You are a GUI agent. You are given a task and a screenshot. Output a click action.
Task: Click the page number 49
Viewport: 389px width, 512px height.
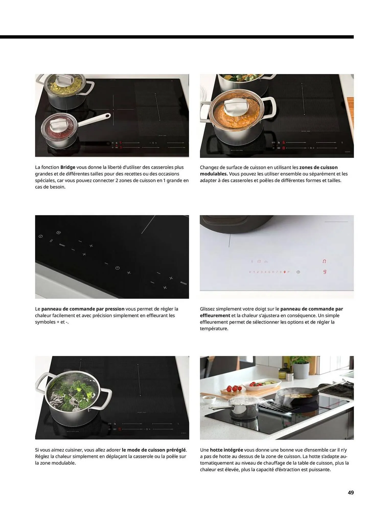tap(351, 492)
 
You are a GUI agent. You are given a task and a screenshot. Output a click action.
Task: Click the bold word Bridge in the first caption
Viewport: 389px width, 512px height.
tap(68, 167)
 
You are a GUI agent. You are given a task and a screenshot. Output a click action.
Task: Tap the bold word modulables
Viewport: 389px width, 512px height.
tap(214, 174)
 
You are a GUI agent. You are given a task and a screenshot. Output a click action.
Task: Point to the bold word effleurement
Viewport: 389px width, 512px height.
tap(215, 315)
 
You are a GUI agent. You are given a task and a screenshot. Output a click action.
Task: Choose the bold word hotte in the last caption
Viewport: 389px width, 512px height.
tap(216, 450)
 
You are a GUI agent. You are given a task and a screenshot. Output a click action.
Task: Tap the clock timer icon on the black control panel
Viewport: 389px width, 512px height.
tap(117, 268)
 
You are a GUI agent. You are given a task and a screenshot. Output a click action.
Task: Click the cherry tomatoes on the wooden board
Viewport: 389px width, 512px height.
tap(233, 389)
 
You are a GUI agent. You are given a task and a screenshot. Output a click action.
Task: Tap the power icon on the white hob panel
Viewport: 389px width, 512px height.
tap(298, 272)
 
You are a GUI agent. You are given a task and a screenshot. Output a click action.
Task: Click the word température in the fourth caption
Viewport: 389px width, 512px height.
tap(214, 328)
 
